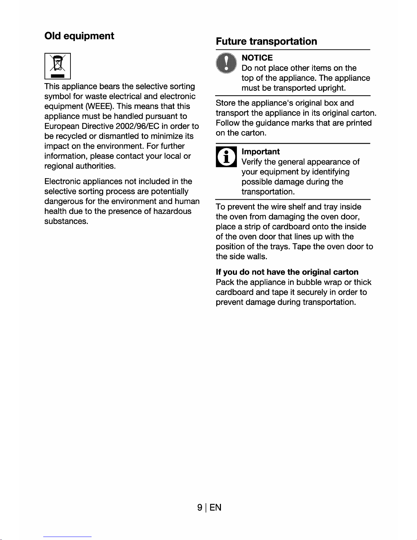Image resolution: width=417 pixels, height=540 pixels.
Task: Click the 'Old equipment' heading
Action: [79, 36]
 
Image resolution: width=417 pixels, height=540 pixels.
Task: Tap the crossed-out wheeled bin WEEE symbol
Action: [58, 66]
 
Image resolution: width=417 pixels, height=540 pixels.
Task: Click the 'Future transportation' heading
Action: [266, 42]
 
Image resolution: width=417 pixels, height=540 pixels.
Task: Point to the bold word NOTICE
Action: [257, 58]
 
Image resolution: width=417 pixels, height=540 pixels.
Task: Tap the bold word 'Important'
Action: [260, 152]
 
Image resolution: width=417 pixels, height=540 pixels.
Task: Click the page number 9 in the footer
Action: [200, 508]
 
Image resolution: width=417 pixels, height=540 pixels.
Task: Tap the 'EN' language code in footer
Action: [215, 508]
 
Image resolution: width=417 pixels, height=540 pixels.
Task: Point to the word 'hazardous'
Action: [172, 211]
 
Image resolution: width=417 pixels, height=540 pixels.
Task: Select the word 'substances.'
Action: [66, 221]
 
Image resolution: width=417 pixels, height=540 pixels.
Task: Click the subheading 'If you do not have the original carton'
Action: [287, 272]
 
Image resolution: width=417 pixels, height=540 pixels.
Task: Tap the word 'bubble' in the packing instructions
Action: [309, 282]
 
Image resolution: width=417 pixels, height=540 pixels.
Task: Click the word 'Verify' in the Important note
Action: [252, 162]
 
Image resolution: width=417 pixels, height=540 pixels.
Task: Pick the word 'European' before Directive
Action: [62, 126]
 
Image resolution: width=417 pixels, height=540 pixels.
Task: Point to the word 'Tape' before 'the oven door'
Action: [302, 247]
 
